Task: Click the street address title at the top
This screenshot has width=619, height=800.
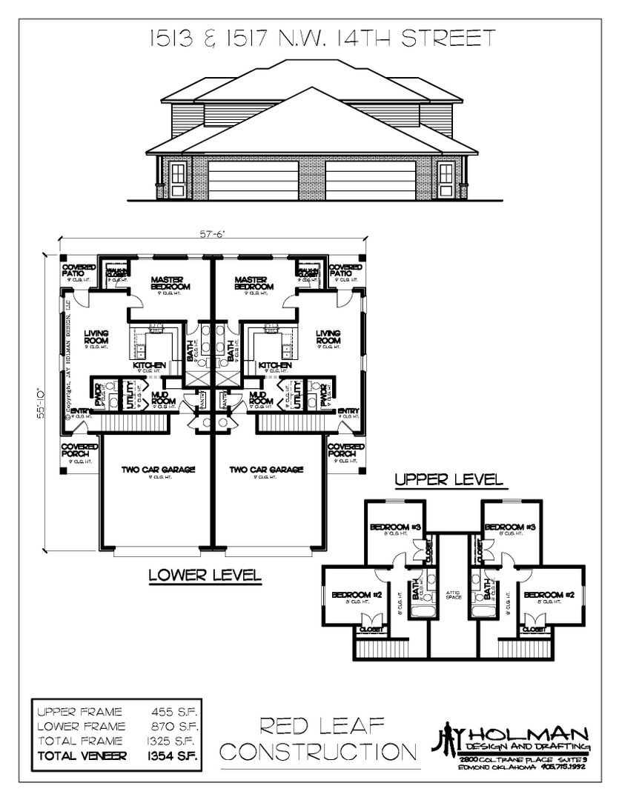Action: [x=309, y=39]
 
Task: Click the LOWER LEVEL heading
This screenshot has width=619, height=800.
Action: [x=205, y=574]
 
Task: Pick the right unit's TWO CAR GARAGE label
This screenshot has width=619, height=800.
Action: [x=266, y=470]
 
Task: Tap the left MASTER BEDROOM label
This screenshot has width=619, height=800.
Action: [x=171, y=283]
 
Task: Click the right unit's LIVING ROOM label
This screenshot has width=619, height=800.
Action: [x=328, y=338]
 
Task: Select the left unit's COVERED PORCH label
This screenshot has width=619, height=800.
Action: [x=79, y=450]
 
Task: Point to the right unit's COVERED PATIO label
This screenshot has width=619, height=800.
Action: [x=345, y=271]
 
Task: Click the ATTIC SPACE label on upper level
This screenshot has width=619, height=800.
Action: [x=453, y=595]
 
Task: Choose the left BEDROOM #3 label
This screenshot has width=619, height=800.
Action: [x=397, y=527]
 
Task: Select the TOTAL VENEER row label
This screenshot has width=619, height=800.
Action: [x=82, y=756]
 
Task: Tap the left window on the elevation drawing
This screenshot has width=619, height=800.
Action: [x=178, y=176]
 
